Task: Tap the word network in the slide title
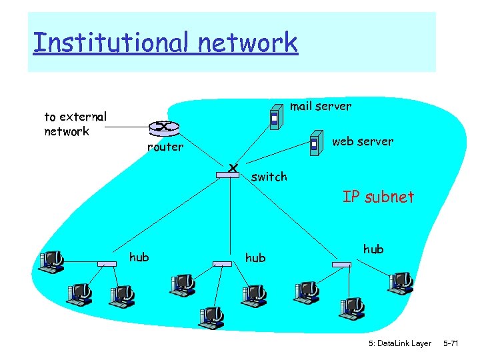(x=247, y=43)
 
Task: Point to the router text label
(x=165, y=147)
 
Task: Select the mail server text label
(x=320, y=106)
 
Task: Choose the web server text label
(x=362, y=141)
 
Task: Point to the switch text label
(x=269, y=177)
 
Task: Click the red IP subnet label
(x=378, y=197)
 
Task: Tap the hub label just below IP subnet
(x=373, y=249)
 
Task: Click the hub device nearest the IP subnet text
(x=341, y=265)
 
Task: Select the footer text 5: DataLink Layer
(x=399, y=343)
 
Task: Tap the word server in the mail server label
(x=333, y=106)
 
